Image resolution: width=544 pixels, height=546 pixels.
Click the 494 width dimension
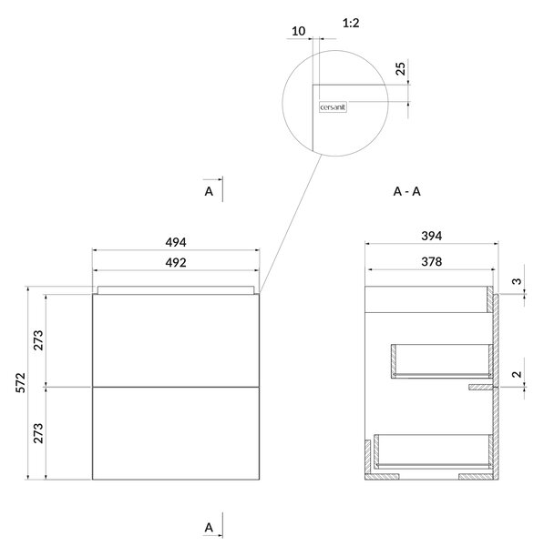point(176,242)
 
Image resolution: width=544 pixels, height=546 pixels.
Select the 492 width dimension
point(176,263)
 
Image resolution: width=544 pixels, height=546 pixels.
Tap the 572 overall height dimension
point(21,383)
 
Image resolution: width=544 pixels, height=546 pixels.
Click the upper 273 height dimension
point(38,339)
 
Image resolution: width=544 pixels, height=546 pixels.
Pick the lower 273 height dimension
point(38,433)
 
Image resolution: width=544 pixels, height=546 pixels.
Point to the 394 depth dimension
point(432,236)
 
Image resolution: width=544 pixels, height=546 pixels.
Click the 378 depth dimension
point(432,261)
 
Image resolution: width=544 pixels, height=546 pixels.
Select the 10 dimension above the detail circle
point(299,31)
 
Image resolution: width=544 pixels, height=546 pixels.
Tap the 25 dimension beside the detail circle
point(401,68)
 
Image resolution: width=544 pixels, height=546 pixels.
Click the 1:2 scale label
point(351,24)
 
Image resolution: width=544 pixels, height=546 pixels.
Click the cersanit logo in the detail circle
point(333,107)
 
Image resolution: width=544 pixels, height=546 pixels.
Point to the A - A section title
point(407,191)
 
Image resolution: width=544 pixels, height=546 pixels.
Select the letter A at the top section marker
point(209,191)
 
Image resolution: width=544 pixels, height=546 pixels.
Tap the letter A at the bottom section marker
point(209,528)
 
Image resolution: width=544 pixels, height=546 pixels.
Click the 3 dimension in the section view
point(518,280)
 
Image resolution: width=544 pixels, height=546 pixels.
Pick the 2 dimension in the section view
point(518,374)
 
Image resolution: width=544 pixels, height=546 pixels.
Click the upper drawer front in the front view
point(176,340)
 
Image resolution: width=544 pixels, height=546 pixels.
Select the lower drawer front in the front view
point(176,433)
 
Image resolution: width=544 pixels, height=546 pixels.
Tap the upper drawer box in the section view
point(442,361)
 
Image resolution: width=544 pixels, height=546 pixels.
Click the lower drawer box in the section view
point(434,451)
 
